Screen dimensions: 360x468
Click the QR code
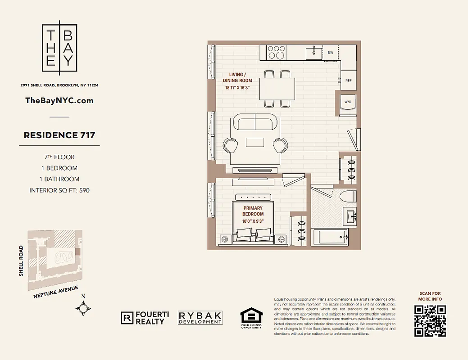[430, 321]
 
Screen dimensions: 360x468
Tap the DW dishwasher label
[330, 53]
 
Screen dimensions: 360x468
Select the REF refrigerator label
[348, 81]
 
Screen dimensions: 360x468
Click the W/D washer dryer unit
[348, 102]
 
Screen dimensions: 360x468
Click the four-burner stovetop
[276, 52]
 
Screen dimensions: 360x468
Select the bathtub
[329, 237]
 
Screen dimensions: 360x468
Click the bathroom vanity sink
[350, 216]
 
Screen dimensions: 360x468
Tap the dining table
[277, 89]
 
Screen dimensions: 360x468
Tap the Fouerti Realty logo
[145, 318]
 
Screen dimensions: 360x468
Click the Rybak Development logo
[200, 318]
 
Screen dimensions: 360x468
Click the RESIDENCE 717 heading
[59, 135]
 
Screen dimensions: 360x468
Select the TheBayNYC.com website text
[59, 100]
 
